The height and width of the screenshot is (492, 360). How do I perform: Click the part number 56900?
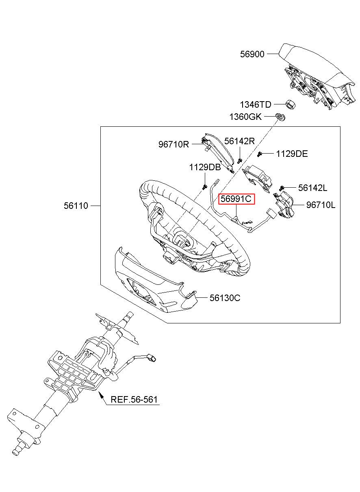click(252, 54)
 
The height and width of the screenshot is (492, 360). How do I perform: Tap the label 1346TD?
click(256, 104)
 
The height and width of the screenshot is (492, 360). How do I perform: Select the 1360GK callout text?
click(245, 117)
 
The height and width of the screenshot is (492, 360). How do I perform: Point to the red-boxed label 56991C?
click(236, 199)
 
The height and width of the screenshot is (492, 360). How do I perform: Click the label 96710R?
click(173, 144)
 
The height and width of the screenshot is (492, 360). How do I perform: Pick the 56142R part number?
click(239, 141)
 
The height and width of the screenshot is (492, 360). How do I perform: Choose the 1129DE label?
click(292, 154)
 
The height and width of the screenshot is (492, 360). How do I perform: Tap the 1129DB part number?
click(205, 167)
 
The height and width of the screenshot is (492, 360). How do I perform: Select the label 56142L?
click(312, 188)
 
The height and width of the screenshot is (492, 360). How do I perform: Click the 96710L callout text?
click(321, 205)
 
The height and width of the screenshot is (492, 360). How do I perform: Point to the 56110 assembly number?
click(76, 206)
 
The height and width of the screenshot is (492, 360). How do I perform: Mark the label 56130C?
click(225, 298)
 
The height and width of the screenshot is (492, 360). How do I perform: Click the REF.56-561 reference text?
click(134, 399)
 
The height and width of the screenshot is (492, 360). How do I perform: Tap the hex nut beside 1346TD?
click(291, 105)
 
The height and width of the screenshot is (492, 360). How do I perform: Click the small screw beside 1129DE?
click(260, 154)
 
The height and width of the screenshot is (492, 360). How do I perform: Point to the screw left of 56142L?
click(281, 188)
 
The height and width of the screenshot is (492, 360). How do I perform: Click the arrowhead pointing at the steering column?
click(101, 395)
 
